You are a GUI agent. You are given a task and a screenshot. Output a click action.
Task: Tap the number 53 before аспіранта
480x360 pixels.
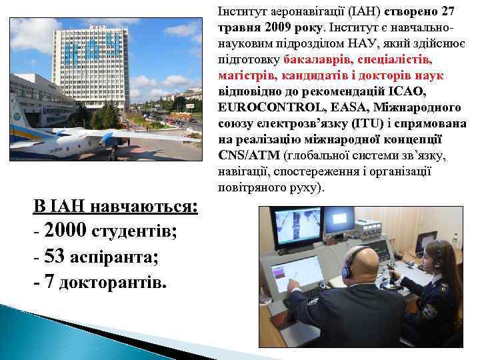coord(55,257)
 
